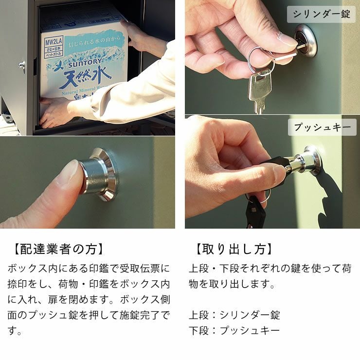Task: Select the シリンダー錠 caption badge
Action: [x=321, y=14]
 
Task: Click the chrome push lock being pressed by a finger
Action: [x=100, y=174]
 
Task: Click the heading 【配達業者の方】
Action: [x=57, y=249]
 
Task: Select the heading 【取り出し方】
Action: [x=233, y=249]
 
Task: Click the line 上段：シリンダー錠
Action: [x=234, y=315]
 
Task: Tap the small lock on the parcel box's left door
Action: [x=22, y=66]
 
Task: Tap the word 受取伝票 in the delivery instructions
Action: [x=141, y=268]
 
